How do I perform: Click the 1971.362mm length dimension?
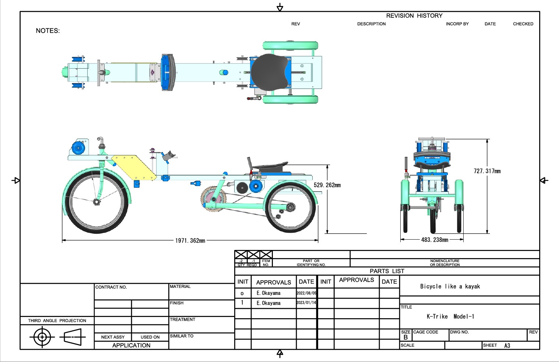190,241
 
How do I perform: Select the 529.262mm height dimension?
327,185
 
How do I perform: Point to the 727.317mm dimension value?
487,171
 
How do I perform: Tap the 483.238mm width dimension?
435,240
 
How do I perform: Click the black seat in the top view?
269,72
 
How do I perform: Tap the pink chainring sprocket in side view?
212,199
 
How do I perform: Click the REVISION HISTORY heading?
414,16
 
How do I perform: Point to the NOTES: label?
48,31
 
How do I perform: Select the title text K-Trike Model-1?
450,316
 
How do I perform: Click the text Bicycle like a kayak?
450,286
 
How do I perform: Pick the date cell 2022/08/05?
306,293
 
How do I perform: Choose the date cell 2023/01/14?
306,303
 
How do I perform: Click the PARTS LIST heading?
387,271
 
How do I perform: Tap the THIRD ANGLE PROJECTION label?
57,321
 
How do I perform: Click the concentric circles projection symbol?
42,337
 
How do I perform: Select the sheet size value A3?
507,346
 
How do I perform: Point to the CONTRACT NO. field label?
111,287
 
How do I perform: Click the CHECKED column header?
523,24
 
